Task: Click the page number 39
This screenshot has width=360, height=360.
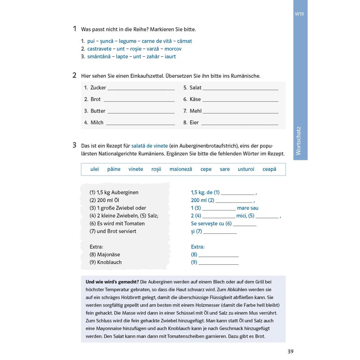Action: [290, 351]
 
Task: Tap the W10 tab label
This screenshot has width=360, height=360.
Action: [300, 14]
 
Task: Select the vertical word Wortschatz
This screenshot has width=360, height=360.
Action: [298, 141]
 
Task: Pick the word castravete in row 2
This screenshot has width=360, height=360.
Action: [99, 49]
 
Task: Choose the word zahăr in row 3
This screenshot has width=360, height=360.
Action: [153, 57]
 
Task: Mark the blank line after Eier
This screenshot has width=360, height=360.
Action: [240, 123]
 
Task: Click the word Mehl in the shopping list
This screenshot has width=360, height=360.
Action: [195, 111]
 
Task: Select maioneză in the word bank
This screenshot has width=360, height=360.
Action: [181, 169]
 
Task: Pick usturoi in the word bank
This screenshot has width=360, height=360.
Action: [246, 169]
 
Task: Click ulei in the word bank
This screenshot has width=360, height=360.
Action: [95, 169]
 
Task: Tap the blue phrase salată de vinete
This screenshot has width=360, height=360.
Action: [149, 146]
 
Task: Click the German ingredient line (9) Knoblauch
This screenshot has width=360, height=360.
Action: [105, 262]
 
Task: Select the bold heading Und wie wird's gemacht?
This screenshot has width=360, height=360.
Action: [112, 282]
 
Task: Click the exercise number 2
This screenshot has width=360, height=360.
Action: [75, 75]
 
